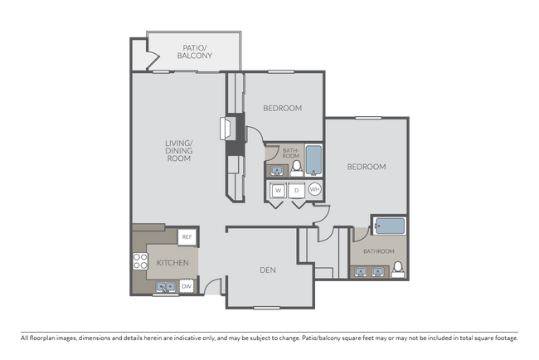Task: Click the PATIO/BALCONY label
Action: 196,51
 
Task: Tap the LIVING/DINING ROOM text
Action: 178,150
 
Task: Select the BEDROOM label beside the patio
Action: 282,108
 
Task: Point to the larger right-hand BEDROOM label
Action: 366,167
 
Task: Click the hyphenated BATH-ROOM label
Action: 290,153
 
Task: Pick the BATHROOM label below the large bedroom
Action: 378,251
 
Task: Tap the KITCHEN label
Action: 172,264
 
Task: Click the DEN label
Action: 267,270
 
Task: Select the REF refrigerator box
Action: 187,237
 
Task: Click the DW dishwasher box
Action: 187,287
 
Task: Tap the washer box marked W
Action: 278,190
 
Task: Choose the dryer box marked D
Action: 296,190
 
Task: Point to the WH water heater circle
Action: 314,190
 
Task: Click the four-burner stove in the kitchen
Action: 139,263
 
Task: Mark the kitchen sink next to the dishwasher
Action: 164,287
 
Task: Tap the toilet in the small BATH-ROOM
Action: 296,168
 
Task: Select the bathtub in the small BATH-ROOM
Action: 314,159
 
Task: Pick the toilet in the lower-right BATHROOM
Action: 398,268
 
